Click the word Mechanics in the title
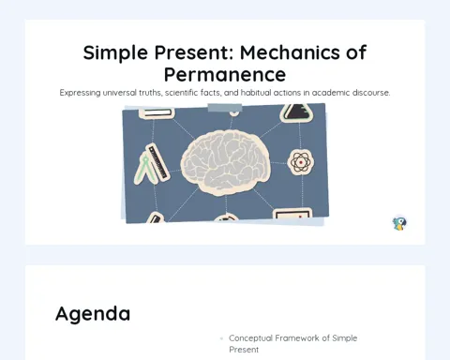290,52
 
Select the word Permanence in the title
225,75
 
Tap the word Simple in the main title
115,52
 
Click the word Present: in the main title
194,52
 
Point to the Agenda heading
93,314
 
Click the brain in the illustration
226,163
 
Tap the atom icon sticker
301,162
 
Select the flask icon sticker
296,112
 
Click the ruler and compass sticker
152,164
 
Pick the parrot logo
399,223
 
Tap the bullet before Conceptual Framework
221,338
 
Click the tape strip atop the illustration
225,108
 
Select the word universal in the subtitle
120,93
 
